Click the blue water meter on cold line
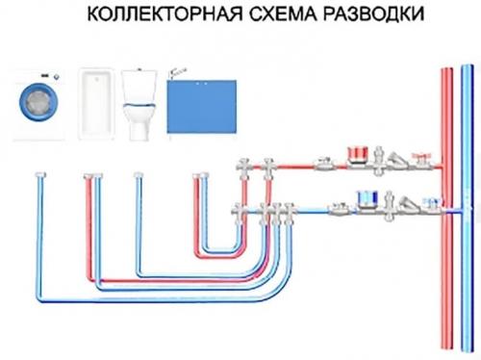[367, 198]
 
